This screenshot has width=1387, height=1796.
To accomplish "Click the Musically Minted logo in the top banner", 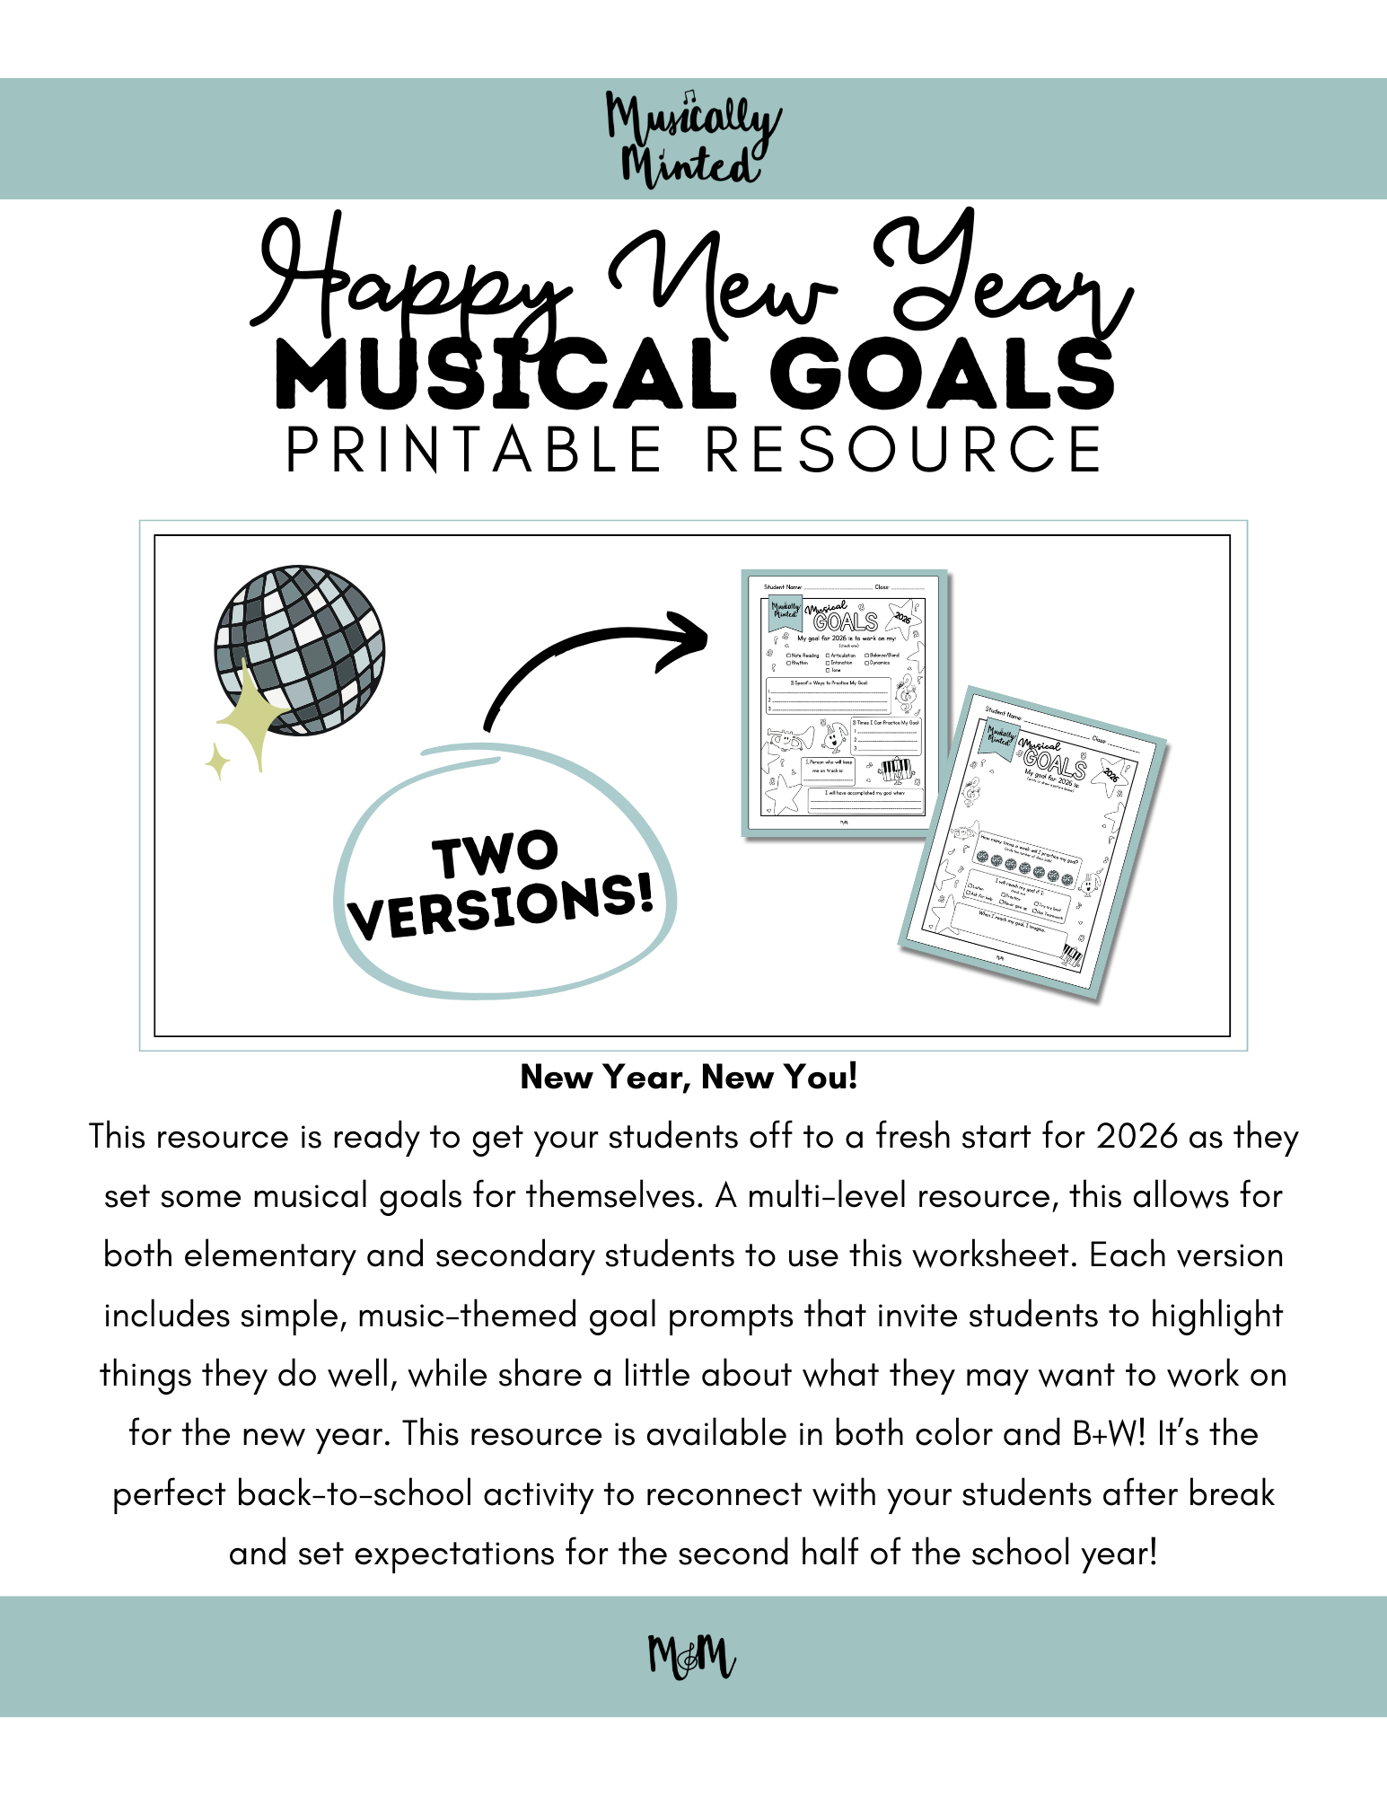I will [x=692, y=139].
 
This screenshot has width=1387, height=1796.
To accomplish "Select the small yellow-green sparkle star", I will [x=217, y=762].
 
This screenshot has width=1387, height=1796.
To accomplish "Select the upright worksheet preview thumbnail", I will [x=844, y=703].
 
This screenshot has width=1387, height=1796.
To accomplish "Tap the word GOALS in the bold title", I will [x=942, y=374].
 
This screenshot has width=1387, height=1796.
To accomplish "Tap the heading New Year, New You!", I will [x=689, y=1076].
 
